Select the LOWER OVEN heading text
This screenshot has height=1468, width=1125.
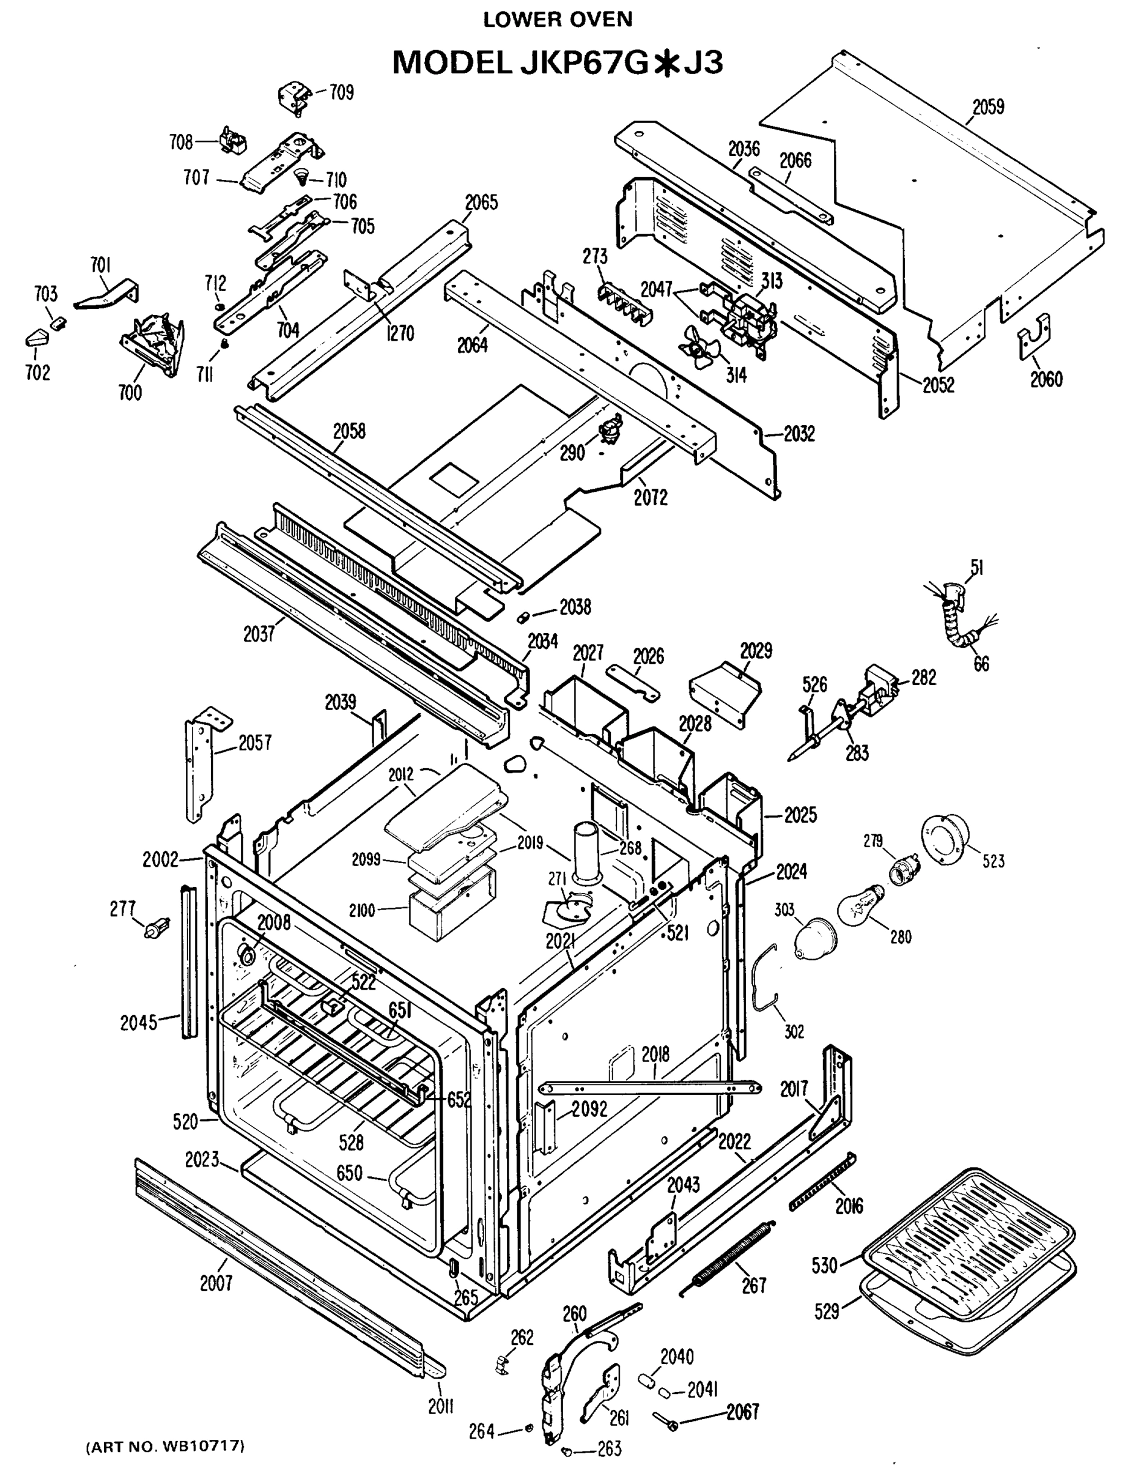[557, 20]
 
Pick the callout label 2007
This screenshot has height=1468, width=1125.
[216, 1283]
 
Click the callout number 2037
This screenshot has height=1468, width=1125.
[259, 633]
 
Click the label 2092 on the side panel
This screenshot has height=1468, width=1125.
[589, 1109]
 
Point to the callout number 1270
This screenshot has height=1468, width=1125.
[400, 333]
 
